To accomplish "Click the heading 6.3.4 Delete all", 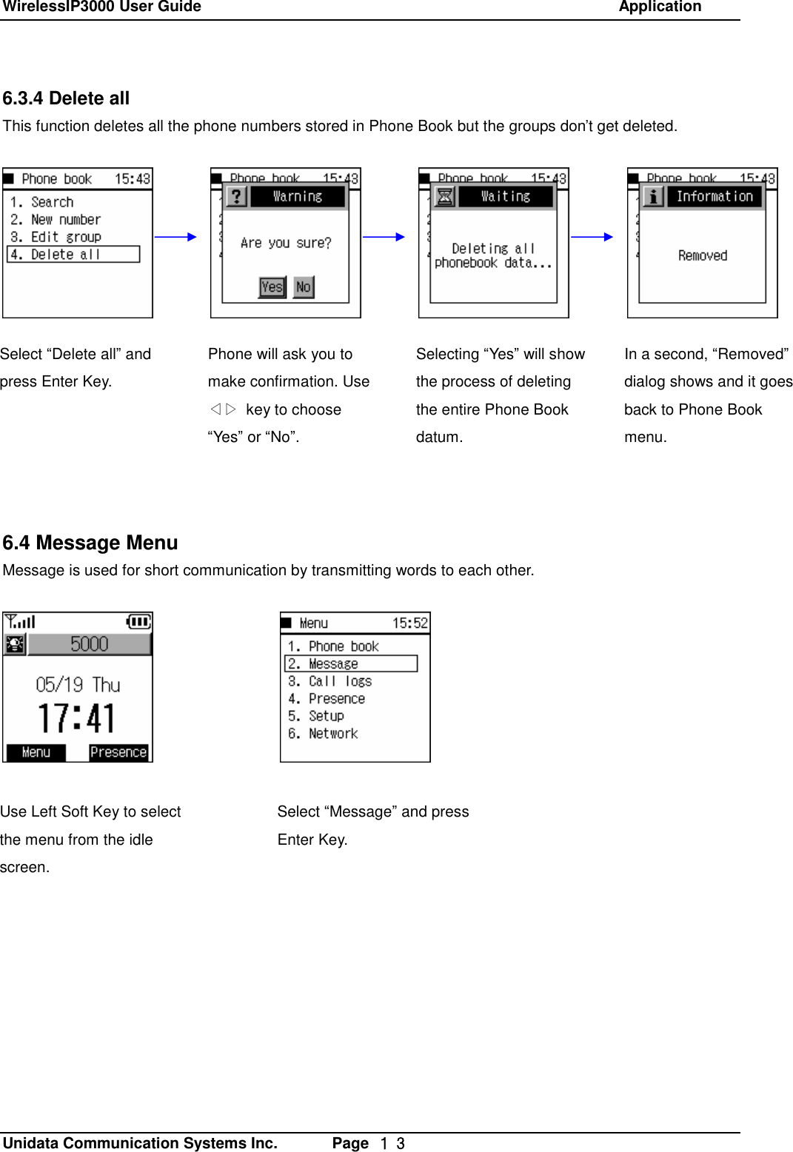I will (66, 98).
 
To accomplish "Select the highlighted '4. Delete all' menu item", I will (73, 255).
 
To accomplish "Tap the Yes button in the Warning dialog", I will (272, 287).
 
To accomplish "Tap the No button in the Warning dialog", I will (304, 287).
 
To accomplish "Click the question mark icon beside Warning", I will (236, 196).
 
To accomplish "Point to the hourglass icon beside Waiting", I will (444, 196).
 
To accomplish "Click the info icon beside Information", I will (653, 196).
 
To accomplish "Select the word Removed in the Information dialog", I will (702, 255).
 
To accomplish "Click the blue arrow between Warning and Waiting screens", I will (384, 237).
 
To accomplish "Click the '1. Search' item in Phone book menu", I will (42, 202).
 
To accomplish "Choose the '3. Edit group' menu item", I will (56, 237).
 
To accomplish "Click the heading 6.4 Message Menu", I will (90, 543).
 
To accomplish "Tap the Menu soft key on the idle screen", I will (36, 752).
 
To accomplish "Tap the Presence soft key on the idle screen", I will (118, 752).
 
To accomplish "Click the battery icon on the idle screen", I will (138, 622).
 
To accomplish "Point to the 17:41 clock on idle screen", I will (77, 718).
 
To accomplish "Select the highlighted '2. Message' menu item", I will (350, 663).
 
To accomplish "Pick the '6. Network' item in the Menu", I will (324, 734).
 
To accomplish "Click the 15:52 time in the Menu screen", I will (409, 623).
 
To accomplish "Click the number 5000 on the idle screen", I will (89, 644).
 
